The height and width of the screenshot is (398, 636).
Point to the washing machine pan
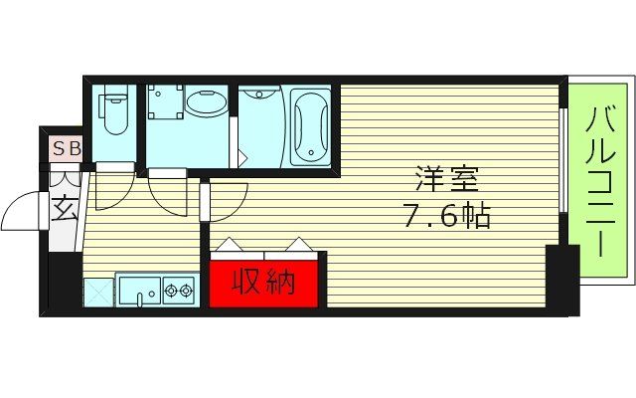[x=164, y=103]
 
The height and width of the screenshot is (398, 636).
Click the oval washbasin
[x=206, y=103]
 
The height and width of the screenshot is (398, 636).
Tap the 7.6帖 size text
[x=446, y=216]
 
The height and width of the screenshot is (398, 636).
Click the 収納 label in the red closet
[x=264, y=283]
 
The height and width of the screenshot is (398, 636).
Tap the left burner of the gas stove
[x=170, y=291]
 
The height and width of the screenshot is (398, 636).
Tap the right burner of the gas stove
[x=186, y=291]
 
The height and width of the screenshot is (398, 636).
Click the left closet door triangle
[x=229, y=244]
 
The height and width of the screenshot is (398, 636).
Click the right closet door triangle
[x=301, y=244]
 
